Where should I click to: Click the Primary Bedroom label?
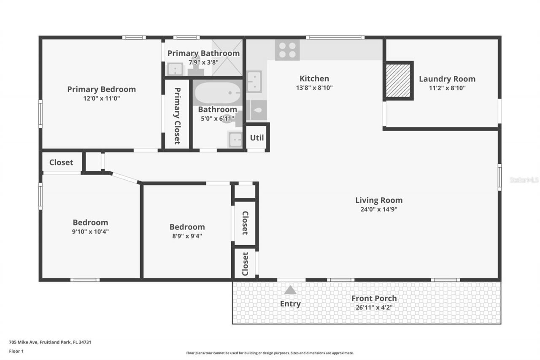(x=101, y=89)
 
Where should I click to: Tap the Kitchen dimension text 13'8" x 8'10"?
(x=314, y=88)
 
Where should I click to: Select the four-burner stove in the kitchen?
(x=287, y=50)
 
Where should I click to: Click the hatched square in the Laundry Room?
(x=398, y=80)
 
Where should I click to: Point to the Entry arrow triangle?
(x=290, y=290)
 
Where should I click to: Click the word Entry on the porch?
(x=290, y=303)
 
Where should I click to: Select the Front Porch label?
(x=374, y=298)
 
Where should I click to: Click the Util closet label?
(x=257, y=138)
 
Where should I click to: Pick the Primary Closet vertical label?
(x=177, y=116)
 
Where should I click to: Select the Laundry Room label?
(x=447, y=78)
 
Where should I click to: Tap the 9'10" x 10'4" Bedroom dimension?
(x=90, y=231)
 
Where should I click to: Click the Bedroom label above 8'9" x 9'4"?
(x=187, y=227)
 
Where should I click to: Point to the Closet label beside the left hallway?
(x=61, y=162)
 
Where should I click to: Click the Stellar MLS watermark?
(x=524, y=180)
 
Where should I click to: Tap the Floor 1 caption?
(x=16, y=351)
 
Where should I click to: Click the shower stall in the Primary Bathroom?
(x=227, y=57)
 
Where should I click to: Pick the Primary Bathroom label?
(x=203, y=53)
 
